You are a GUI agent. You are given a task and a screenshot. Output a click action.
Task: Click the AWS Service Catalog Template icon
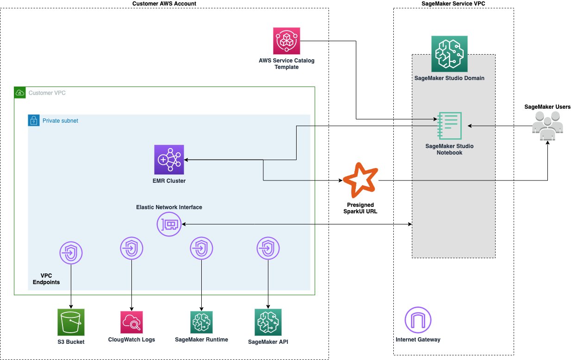pos(287,41)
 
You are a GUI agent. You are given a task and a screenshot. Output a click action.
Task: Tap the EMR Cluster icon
pos(169,160)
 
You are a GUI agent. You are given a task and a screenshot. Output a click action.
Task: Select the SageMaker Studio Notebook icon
pos(449,125)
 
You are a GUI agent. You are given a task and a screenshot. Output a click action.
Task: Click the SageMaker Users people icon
pos(547,125)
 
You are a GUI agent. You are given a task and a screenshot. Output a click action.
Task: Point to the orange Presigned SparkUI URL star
pos(360,180)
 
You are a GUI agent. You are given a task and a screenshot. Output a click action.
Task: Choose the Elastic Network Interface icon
pos(169,224)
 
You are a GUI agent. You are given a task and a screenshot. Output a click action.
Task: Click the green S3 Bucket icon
pos(71,322)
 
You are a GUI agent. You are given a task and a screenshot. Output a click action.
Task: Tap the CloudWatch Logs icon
pos(131,322)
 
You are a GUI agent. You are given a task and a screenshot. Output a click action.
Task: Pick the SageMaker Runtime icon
pos(201,322)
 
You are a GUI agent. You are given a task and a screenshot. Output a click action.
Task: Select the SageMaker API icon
pos(268,322)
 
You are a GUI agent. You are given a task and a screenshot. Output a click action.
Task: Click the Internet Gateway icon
pos(418,320)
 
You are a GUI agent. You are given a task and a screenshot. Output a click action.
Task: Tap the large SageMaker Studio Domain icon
pos(449,54)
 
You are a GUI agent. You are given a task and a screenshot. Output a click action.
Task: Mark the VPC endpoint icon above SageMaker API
pos(268,248)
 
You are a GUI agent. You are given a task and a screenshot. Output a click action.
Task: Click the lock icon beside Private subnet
pos(33,120)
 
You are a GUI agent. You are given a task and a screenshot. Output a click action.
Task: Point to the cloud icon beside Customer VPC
pos(20,93)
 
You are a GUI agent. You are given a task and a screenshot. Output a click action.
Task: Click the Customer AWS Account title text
pos(164,4)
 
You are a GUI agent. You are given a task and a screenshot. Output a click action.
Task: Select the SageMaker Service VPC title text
pos(453,4)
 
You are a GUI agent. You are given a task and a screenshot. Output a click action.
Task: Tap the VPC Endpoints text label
pos(46,279)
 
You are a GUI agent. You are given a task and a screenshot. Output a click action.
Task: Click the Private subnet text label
pos(60,121)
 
